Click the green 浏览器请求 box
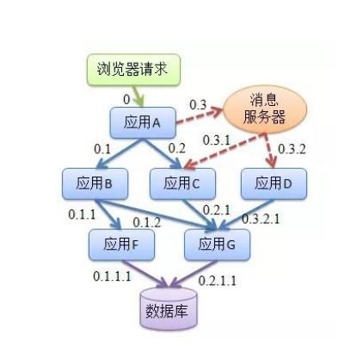tap(133, 70)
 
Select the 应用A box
tap(143, 122)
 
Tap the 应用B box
tap(95, 183)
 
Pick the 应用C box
tap(182, 183)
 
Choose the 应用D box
tap(274, 183)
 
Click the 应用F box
tap(121, 245)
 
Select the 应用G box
tap(217, 245)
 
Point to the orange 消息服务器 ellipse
tap(265, 109)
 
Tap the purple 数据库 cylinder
tap(169, 308)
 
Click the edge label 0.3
tap(198, 105)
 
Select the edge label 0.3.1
tap(217, 140)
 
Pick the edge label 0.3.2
tap(292, 149)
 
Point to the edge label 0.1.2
tap(147, 222)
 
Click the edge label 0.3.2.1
tap(261, 219)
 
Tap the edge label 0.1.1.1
tap(112, 276)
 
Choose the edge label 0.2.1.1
tap(218, 281)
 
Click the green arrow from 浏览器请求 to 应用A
tap(138, 96)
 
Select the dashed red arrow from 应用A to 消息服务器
tap(200, 115)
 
